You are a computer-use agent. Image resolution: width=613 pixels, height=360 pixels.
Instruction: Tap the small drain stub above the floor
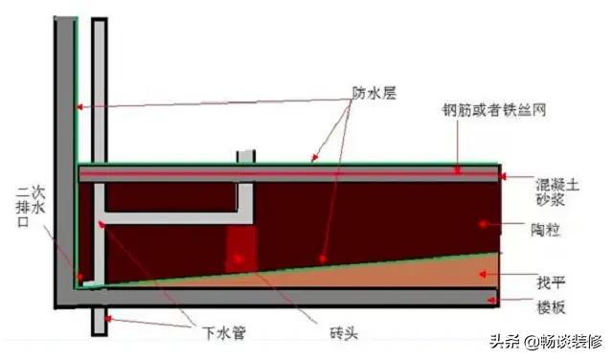246,155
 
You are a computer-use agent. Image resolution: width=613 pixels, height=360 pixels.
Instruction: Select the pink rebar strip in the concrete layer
287,173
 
